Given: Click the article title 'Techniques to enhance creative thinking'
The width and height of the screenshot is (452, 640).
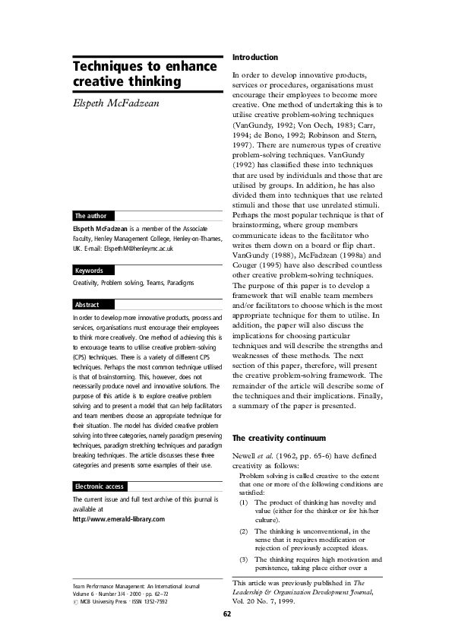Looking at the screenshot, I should click(144, 74).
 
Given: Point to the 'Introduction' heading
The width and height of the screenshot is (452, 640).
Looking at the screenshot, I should click(254, 57).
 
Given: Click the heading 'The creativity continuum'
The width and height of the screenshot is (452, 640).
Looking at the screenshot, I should click(278, 438).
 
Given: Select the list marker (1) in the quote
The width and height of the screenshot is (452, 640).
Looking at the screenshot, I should click(244, 502).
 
